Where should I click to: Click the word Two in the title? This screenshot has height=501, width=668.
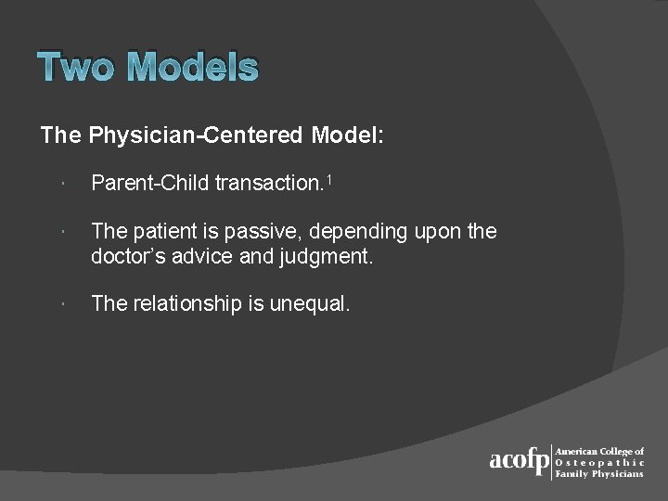tap(77, 67)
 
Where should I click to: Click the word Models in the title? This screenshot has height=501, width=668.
tap(192, 67)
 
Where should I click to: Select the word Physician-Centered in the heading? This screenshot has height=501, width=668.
tap(196, 135)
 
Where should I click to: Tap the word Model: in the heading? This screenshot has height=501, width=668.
tap(347, 135)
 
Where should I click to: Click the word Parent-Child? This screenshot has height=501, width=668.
tap(149, 184)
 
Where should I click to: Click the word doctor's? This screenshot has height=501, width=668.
tap(124, 255)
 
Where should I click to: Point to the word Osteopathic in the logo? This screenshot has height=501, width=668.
tap(598, 462)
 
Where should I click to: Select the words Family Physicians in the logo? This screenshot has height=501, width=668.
tap(598, 473)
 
